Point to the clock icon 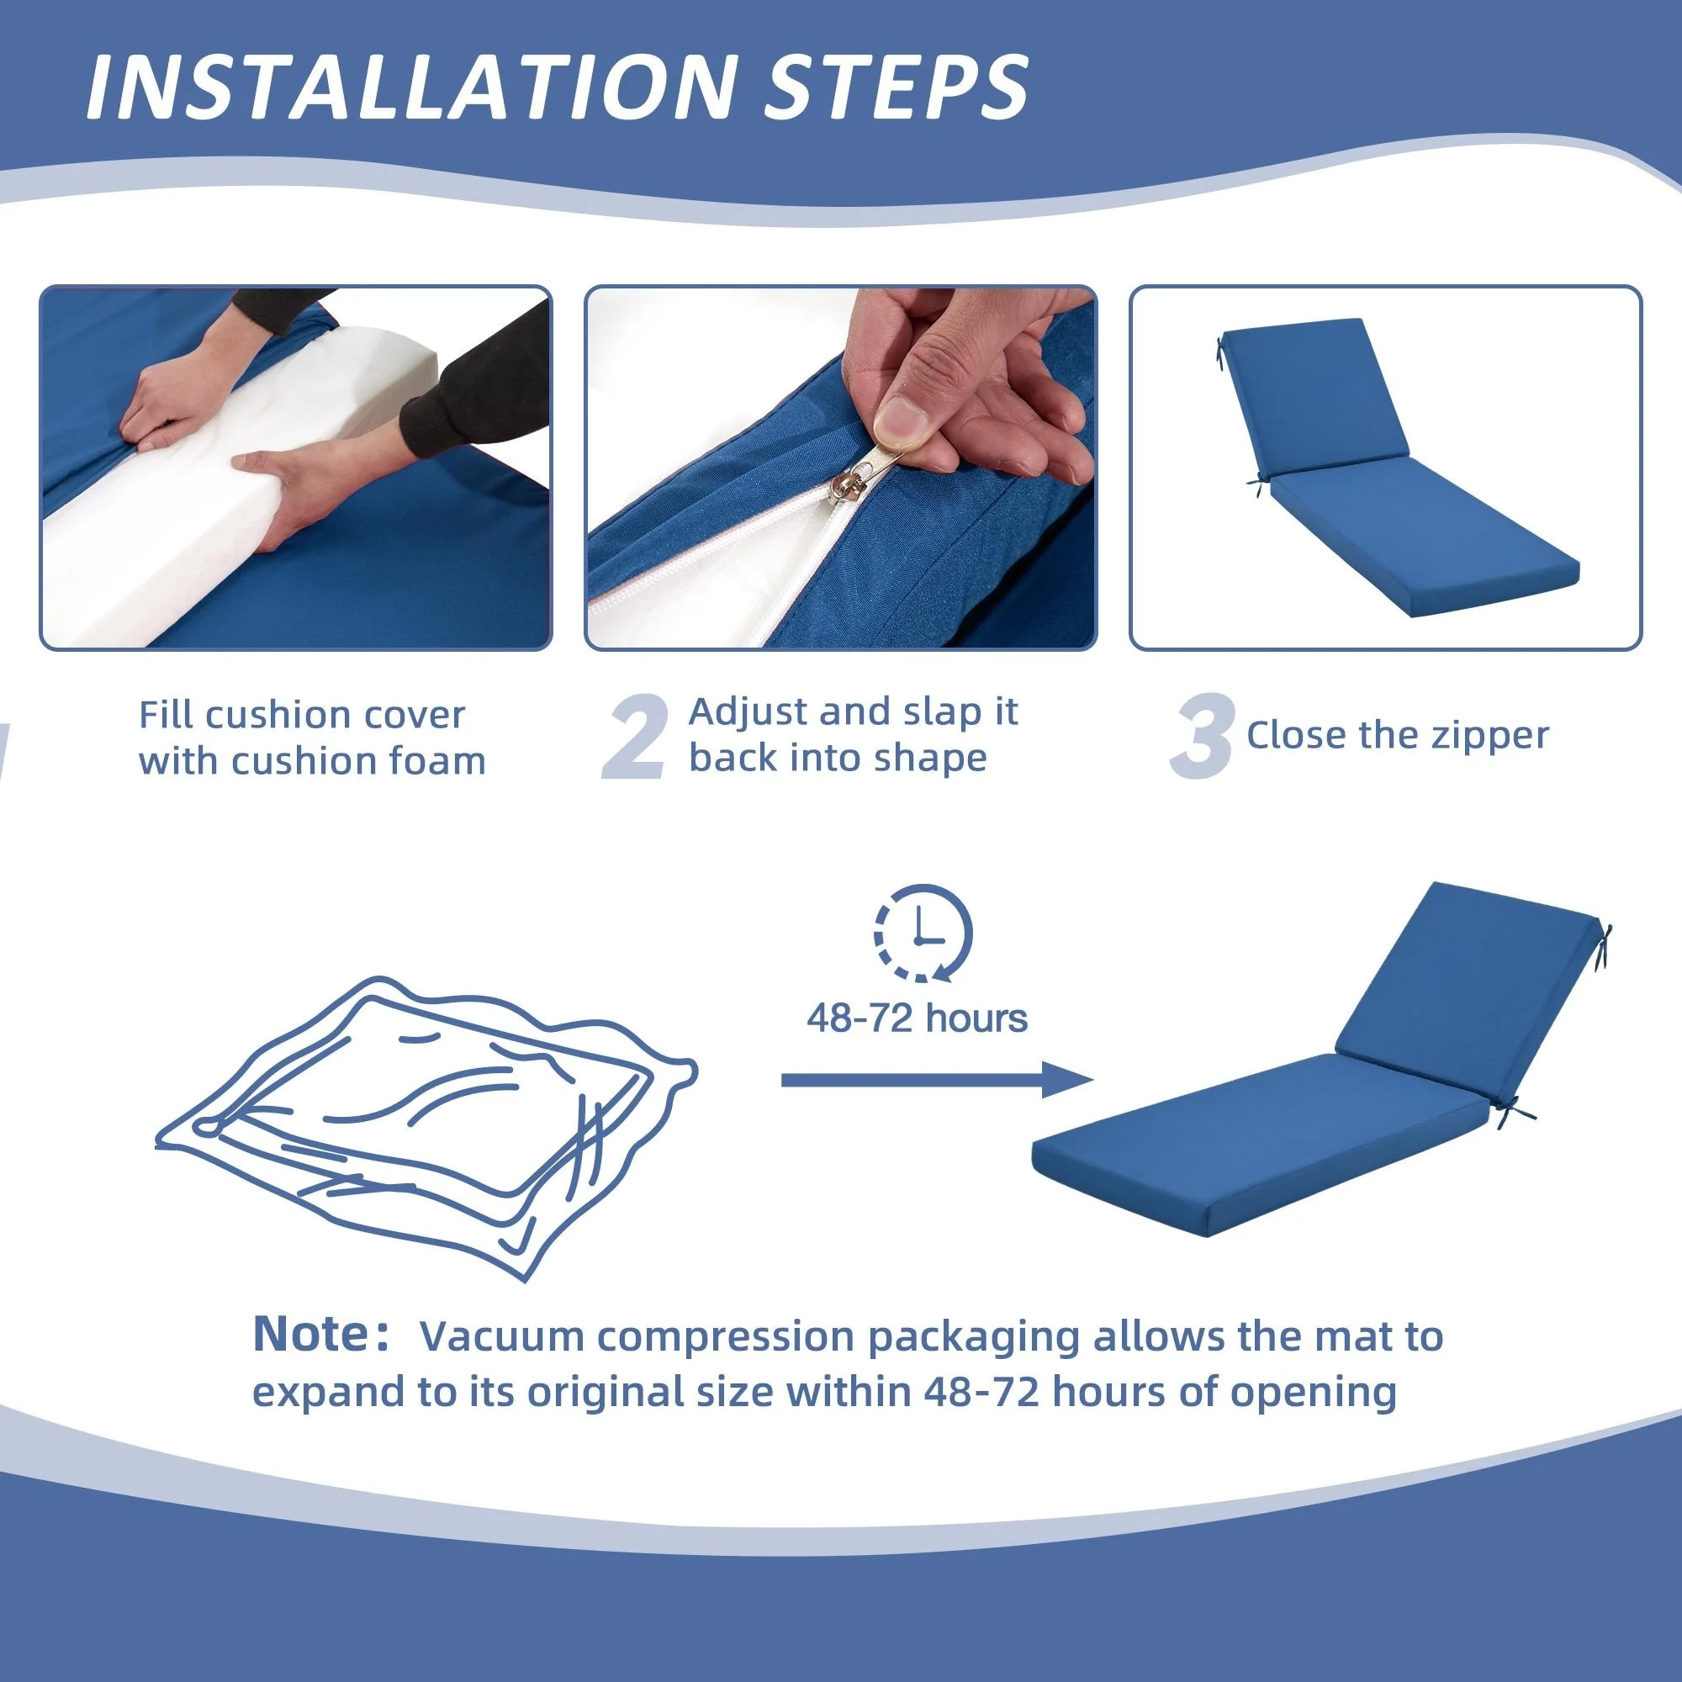pyautogui.click(x=923, y=934)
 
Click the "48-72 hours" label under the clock pyautogui.click(x=917, y=1018)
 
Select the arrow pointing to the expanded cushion pyautogui.click(x=937, y=1081)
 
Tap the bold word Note pyautogui.click(x=313, y=1334)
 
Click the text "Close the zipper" pyautogui.click(x=1397, y=735)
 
